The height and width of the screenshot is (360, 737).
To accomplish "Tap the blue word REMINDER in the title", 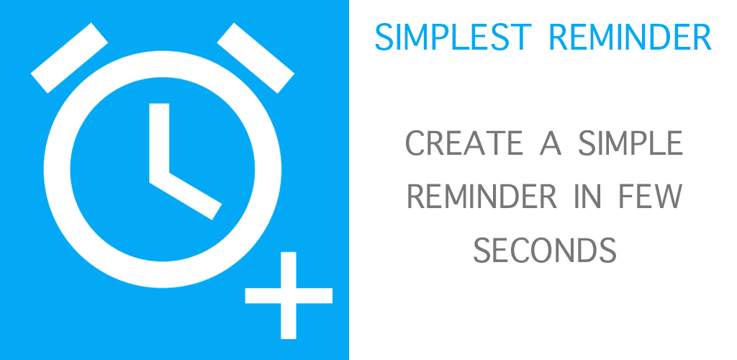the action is click(630, 37).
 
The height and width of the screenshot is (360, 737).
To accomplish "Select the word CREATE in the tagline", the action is click(464, 143).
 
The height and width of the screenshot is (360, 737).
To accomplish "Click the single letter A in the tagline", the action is click(551, 143).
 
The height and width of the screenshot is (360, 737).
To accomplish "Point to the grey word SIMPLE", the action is click(630, 143).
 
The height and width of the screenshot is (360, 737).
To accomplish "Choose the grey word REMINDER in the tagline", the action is click(481, 197).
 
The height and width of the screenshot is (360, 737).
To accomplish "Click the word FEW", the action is click(650, 197).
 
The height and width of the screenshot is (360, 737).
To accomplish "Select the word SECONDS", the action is click(544, 251).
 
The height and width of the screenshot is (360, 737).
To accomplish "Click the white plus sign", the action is click(289, 295).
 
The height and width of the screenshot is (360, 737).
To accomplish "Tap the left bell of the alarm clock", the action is click(69, 58).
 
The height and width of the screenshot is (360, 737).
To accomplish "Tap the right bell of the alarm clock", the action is click(256, 58).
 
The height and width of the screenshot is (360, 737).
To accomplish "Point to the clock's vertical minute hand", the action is click(159, 141).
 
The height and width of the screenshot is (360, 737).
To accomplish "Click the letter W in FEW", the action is click(667, 197).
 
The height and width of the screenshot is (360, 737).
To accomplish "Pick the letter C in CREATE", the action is click(415, 143).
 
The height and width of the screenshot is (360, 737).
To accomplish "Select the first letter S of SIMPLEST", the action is click(384, 37).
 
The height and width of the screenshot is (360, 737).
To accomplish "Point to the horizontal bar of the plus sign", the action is click(289, 295).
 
